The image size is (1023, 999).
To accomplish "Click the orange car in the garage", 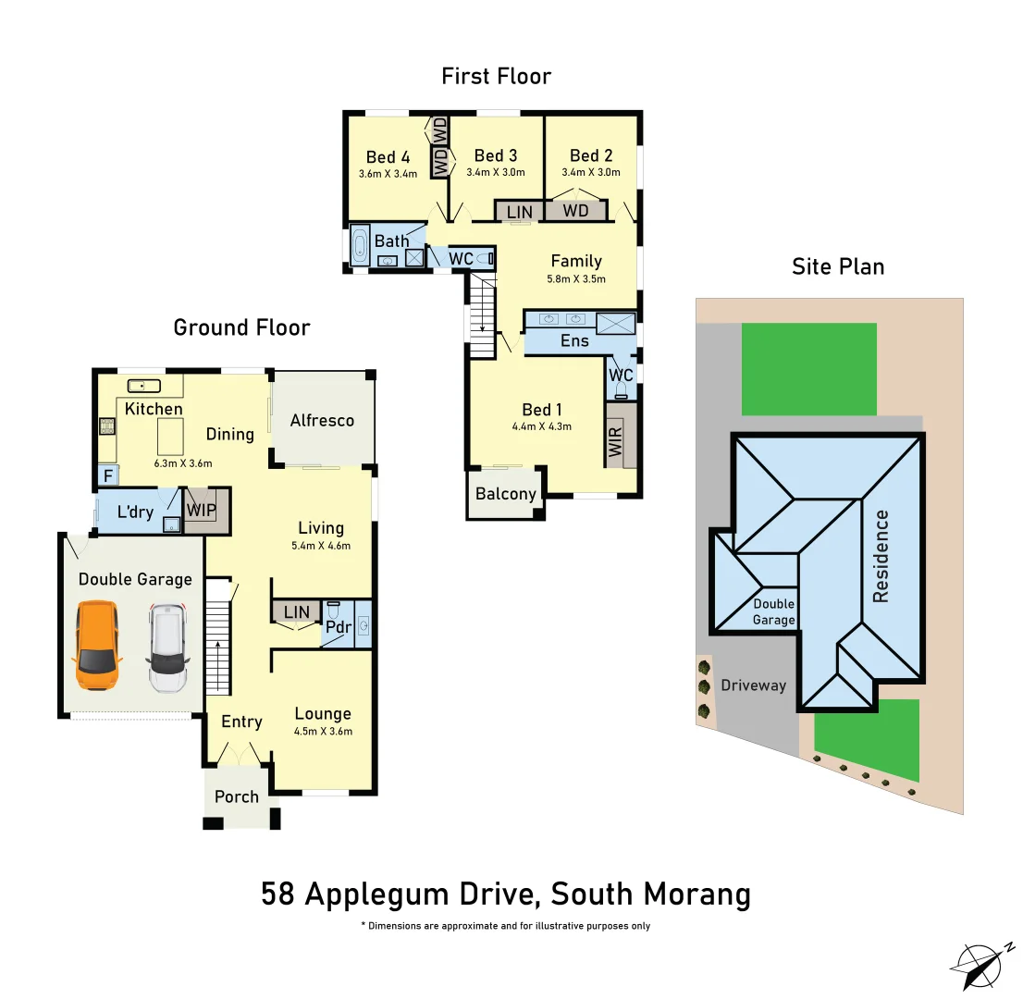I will (x=97, y=645).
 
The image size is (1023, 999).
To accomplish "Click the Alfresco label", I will (x=322, y=420).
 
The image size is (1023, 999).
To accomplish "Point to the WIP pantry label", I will (x=202, y=510).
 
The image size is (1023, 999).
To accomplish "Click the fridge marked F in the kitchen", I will (x=107, y=476).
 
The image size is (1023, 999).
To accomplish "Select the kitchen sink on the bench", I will (x=144, y=386).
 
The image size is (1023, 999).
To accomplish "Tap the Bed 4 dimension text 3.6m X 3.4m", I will (x=388, y=173).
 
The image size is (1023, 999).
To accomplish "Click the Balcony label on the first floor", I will (x=506, y=493).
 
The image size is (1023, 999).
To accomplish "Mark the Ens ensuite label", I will (x=574, y=340).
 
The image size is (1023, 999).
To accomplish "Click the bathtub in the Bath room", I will (x=360, y=246).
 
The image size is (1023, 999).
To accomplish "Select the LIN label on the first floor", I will (x=520, y=212).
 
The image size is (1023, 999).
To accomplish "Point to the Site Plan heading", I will (x=838, y=266).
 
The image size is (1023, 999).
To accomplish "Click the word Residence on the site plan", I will (x=881, y=556).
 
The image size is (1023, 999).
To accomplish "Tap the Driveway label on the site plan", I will (x=753, y=685).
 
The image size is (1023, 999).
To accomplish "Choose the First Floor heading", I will (x=496, y=76).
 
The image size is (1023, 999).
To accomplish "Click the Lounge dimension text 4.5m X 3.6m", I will (x=323, y=731).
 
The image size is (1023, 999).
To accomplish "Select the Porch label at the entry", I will (x=237, y=796).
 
